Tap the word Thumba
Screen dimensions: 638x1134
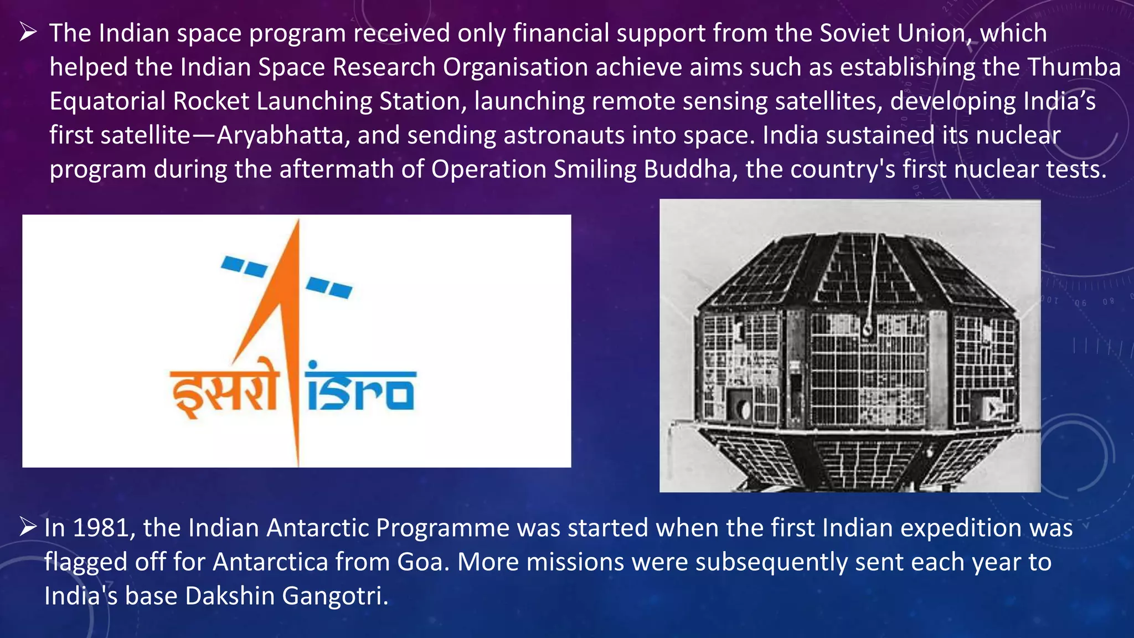(1074, 68)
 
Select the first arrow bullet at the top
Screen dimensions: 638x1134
(28, 33)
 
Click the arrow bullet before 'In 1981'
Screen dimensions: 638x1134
(28, 527)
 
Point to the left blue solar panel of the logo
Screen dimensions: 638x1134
(244, 266)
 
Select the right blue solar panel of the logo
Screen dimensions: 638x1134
(329, 287)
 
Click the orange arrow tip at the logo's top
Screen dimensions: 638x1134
(298, 224)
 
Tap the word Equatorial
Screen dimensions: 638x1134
(107, 102)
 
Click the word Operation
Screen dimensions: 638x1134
(489, 169)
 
